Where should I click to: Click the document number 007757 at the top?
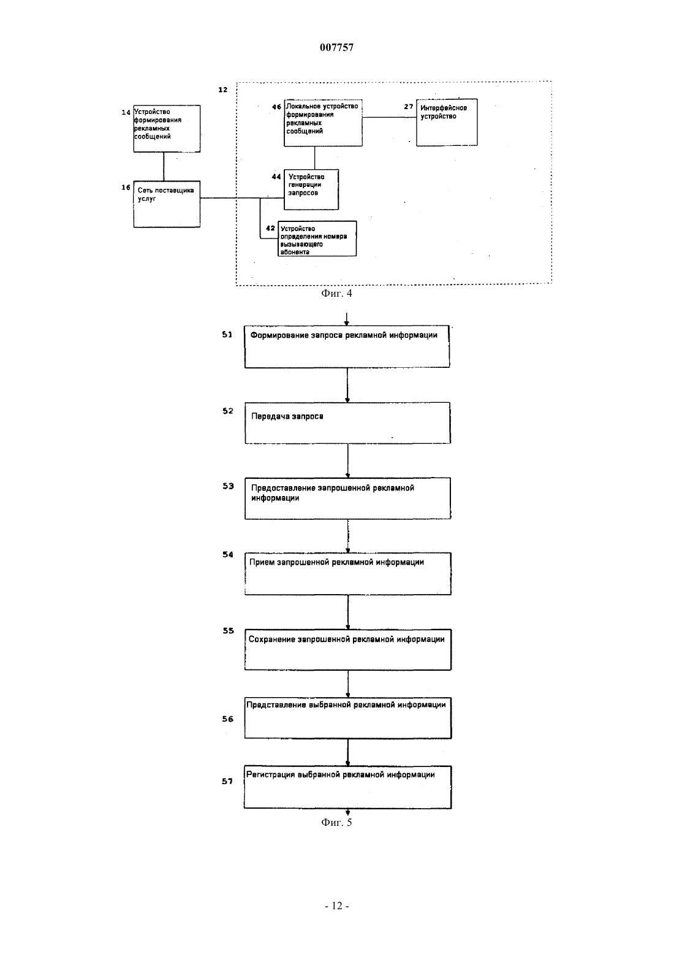coord(336,47)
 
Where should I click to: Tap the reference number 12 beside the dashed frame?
coord(223,90)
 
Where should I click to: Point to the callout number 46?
coord(276,107)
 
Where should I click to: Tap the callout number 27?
coord(409,107)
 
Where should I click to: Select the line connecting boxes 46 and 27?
coord(389,117)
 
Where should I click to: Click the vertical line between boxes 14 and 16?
coord(164,167)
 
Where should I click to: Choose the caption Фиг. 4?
coord(336,293)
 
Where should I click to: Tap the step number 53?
coord(228,486)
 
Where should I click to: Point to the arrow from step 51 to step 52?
coord(347,385)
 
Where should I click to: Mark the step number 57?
coord(227,781)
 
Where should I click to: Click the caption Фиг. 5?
coord(336,822)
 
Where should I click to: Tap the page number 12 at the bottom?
coord(337,906)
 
